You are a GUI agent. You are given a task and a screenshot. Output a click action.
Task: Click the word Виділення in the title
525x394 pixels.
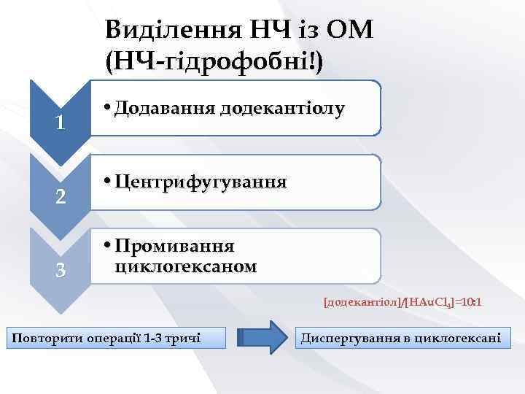[x=167, y=30]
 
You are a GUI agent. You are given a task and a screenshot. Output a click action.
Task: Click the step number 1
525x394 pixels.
[x=63, y=122]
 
